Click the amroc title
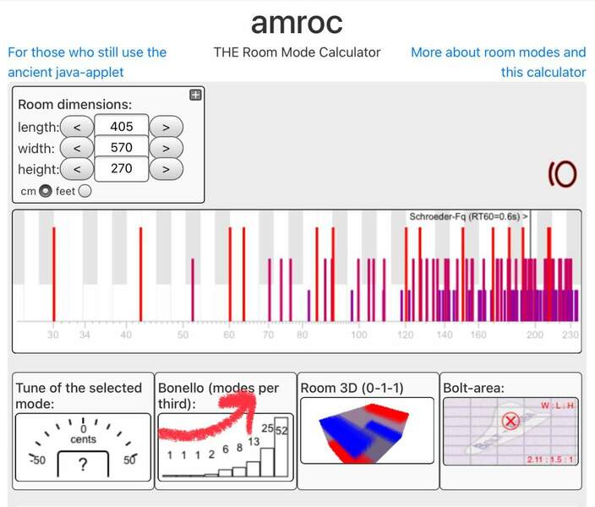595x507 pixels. (297, 23)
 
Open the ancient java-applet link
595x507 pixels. (86, 62)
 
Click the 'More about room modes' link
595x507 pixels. (498, 62)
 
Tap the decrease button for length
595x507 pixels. (77, 128)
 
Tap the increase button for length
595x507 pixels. (166, 128)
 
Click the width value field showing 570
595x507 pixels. (122, 148)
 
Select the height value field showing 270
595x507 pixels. (122, 168)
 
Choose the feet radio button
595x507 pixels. (85, 191)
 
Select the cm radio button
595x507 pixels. (46, 191)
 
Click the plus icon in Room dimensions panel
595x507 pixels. (195, 95)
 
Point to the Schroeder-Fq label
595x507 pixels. (468, 217)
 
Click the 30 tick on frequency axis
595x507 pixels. (53, 335)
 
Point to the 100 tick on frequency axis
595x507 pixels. (359, 335)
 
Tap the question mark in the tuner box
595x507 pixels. (82, 464)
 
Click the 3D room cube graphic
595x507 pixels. (365, 430)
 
